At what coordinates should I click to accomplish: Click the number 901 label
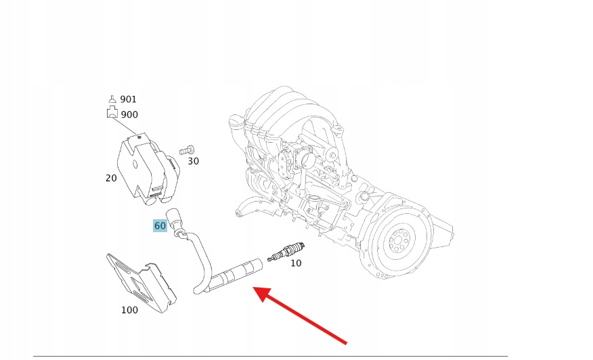coord(128,99)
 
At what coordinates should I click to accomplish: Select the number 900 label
coord(129,114)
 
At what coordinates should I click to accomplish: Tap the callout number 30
coord(193,161)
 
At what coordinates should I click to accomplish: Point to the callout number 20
coord(111,178)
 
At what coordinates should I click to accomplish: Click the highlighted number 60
coord(160,226)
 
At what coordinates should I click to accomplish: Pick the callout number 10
coord(296,263)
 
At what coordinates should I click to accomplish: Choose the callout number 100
coord(129,310)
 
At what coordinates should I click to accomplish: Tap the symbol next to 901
coord(112,99)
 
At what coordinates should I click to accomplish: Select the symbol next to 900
coord(112,114)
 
